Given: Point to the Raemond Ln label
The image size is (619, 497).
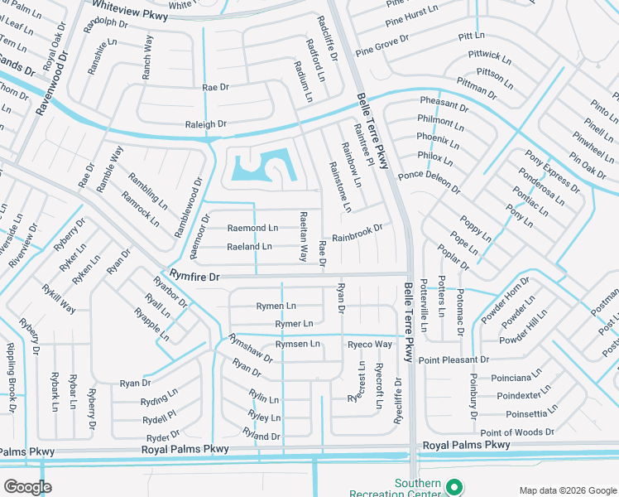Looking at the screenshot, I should [x=252, y=227].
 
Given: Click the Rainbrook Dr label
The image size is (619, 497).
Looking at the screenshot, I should [x=357, y=233].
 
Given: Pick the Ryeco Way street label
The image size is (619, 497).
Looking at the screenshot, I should [x=369, y=345].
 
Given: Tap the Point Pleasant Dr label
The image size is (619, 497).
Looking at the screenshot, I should [x=453, y=359].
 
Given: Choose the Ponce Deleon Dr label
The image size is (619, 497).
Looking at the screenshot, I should [x=429, y=182].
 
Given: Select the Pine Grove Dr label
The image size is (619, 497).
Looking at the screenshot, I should [x=382, y=45].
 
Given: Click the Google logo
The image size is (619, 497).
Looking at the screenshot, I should [x=28, y=486].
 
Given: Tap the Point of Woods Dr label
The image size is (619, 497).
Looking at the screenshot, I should [x=517, y=432].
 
